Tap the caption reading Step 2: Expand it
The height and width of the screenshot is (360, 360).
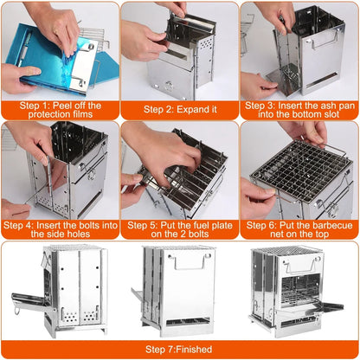point(179,111)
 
